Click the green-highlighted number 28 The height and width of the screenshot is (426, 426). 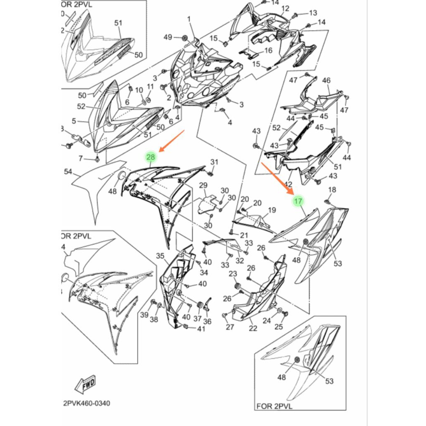(x=151, y=157)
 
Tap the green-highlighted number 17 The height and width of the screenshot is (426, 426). (x=297, y=201)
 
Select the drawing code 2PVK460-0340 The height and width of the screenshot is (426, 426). (x=87, y=404)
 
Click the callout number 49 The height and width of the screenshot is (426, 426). (x=168, y=37)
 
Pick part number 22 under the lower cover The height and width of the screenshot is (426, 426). (x=253, y=329)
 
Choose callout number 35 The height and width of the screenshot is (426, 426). (x=161, y=255)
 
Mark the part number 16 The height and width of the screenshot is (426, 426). (x=268, y=50)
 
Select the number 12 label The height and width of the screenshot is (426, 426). (x=285, y=8)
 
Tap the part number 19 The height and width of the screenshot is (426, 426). (x=272, y=210)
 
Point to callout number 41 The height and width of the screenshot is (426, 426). (x=201, y=329)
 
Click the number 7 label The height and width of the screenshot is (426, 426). (x=81, y=158)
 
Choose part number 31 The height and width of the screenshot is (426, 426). (x=214, y=162)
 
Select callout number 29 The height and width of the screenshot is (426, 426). (x=203, y=185)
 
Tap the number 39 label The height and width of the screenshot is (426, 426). (x=144, y=315)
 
